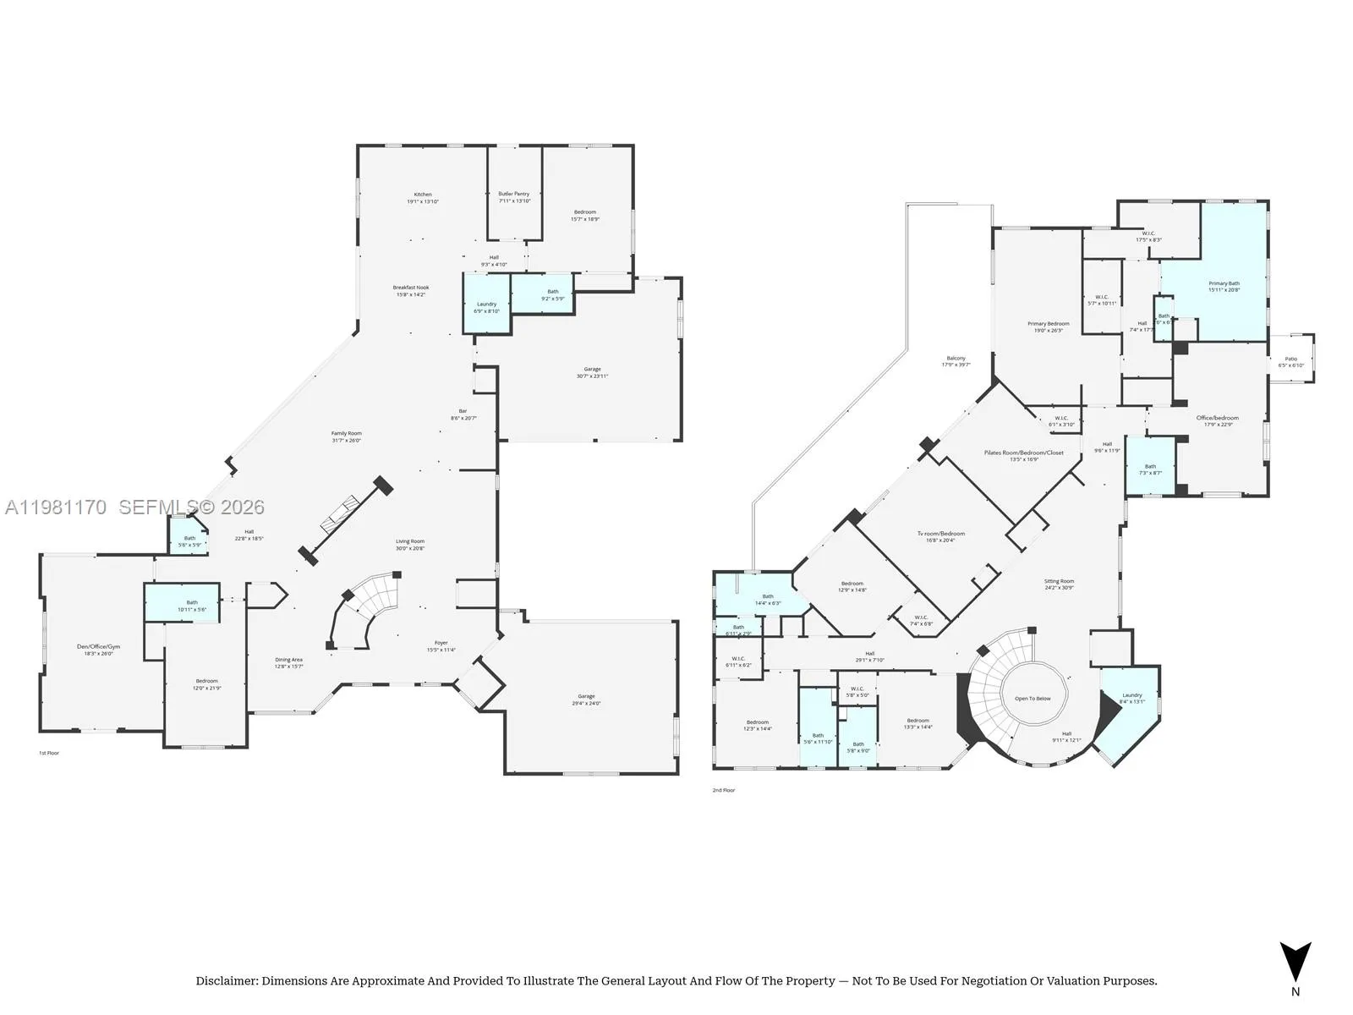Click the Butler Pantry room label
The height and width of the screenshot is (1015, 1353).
[x=513, y=194]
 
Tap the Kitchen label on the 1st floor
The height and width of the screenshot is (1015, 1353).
[x=423, y=195]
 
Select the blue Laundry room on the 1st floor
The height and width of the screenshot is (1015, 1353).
[x=486, y=304]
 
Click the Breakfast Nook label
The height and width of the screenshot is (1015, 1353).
[x=410, y=288]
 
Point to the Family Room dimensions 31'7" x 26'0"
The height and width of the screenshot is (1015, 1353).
[x=346, y=441]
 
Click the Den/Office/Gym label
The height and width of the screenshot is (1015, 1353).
[x=98, y=646]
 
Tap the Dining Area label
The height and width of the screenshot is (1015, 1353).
[x=288, y=660]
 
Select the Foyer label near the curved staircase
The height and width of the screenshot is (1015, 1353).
[x=441, y=643]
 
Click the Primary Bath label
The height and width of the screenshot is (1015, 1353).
[x=1224, y=283]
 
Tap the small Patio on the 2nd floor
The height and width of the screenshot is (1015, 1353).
[x=1290, y=359]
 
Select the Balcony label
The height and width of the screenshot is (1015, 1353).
[x=956, y=358]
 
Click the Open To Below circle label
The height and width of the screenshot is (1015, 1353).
[x=1033, y=699]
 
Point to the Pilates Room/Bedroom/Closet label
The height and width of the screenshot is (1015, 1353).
[x=1023, y=453]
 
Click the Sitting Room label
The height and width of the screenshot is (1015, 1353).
[x=1059, y=581]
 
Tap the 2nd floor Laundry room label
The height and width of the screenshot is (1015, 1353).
[x=1131, y=695]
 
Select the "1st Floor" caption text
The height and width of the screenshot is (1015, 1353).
[x=49, y=753]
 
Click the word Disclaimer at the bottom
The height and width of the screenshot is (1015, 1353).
[x=226, y=981]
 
